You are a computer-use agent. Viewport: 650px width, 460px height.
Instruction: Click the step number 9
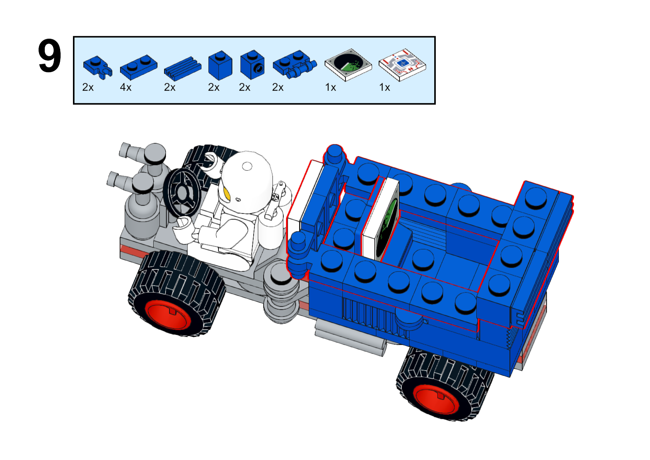pyautogui.click(x=50, y=56)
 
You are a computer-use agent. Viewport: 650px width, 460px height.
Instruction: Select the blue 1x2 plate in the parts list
pyautogui.click(x=139, y=67)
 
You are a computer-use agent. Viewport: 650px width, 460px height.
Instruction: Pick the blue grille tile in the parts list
pyautogui.click(x=183, y=68)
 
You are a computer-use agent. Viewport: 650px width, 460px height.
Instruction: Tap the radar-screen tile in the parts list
pyautogui.click(x=348, y=64)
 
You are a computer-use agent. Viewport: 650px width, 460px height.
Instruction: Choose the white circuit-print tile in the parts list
pyautogui.click(x=403, y=65)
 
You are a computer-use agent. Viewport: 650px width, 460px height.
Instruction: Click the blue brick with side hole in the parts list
pyautogui.click(x=252, y=64)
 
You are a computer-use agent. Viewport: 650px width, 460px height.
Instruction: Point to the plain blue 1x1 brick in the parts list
pyautogui.click(x=220, y=65)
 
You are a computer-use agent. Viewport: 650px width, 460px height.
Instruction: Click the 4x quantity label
pyautogui.click(x=126, y=87)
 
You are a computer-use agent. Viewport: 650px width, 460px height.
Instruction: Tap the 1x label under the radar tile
pyautogui.click(x=330, y=87)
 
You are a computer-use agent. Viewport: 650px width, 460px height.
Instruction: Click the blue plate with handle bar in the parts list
pyautogui.click(x=295, y=64)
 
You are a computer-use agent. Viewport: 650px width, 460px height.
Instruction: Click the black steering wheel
pyautogui.click(x=182, y=192)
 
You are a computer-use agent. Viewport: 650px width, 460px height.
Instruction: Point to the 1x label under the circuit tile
pyautogui.click(x=385, y=87)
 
